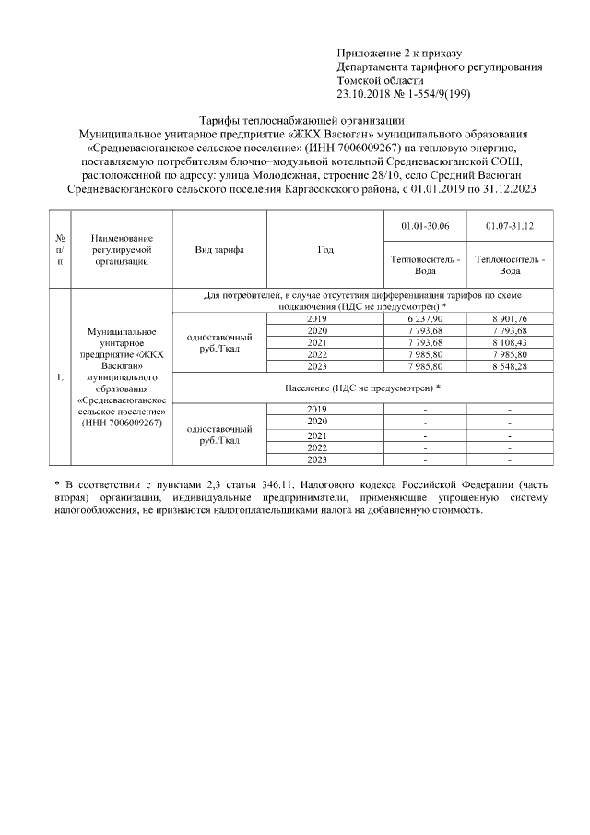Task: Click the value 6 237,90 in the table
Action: tap(425, 318)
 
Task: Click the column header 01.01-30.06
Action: tap(425, 226)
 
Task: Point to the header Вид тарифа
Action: tap(219, 250)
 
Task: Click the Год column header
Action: tap(324, 250)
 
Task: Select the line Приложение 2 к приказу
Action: tap(398, 54)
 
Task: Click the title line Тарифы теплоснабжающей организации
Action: tap(301, 121)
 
